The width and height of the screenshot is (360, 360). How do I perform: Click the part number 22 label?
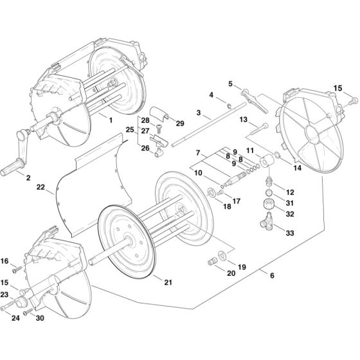(x=40, y=187)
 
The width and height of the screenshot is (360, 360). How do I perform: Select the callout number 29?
(x=180, y=123)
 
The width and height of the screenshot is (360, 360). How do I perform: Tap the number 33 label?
(x=290, y=233)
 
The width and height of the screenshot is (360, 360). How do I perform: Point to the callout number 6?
(x=272, y=275)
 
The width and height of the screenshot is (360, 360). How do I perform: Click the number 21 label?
(x=168, y=282)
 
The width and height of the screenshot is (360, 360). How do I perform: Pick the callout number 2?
(x=28, y=177)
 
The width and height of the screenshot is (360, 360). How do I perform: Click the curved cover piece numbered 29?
(x=159, y=113)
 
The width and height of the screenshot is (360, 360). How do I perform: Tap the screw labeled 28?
(x=158, y=128)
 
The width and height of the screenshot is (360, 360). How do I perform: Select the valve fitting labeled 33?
(x=267, y=222)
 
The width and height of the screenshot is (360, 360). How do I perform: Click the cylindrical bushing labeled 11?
(x=266, y=160)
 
